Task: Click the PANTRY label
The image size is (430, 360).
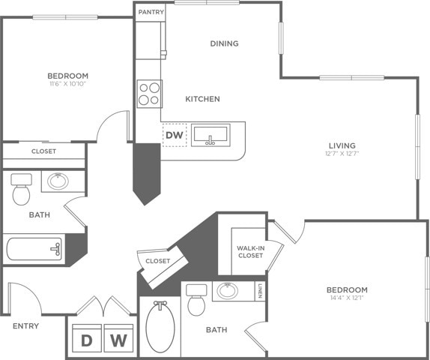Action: coord(151,12)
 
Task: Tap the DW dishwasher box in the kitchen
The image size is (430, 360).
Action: coord(174,135)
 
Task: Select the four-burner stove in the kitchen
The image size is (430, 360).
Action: coord(150,94)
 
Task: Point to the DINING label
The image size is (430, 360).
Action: coord(224,43)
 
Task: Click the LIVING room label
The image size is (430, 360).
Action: coord(341,145)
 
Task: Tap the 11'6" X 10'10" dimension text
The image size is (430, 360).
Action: coord(67,85)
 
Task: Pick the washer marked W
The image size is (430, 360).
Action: coord(118,340)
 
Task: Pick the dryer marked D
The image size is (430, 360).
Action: coord(87,340)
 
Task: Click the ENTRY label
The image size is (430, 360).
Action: coord(25,326)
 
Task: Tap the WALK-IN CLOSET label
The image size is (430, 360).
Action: coord(249,251)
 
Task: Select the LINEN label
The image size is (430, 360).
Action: coord(259,291)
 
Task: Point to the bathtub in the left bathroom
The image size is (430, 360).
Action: coord(34,247)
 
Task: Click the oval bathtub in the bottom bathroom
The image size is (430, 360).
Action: coord(160,328)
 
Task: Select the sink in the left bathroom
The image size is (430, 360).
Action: coord(58,181)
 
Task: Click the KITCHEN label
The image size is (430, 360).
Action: coord(203,99)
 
